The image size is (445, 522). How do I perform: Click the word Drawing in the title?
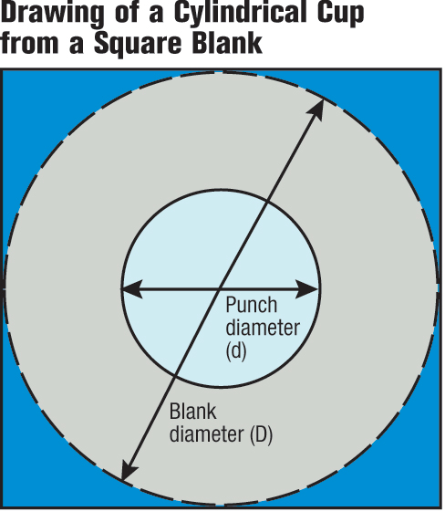(52, 15)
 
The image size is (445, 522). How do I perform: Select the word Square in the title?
(138, 44)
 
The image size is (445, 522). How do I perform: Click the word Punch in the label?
(251, 305)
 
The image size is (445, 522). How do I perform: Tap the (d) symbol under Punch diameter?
(236, 350)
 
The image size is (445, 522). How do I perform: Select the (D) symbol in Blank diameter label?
(261, 434)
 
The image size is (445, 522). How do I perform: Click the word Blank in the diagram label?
(193, 412)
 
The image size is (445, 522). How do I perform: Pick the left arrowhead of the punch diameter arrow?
(131, 289)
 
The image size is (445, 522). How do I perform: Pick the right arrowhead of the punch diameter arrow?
(307, 289)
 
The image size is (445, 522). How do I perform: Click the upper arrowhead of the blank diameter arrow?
(316, 110)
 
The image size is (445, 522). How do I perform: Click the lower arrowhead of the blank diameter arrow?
(129, 469)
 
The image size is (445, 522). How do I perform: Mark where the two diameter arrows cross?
(219, 289)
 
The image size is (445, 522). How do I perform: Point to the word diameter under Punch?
(263, 328)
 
